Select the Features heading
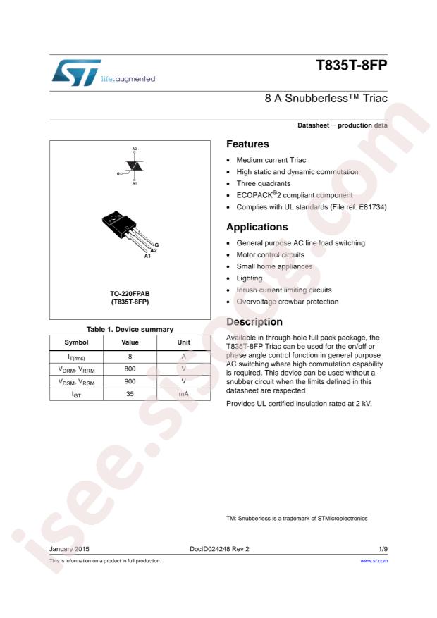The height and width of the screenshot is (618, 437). (248, 144)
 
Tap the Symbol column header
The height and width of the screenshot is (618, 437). (76, 343)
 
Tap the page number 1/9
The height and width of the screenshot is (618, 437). (381, 547)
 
